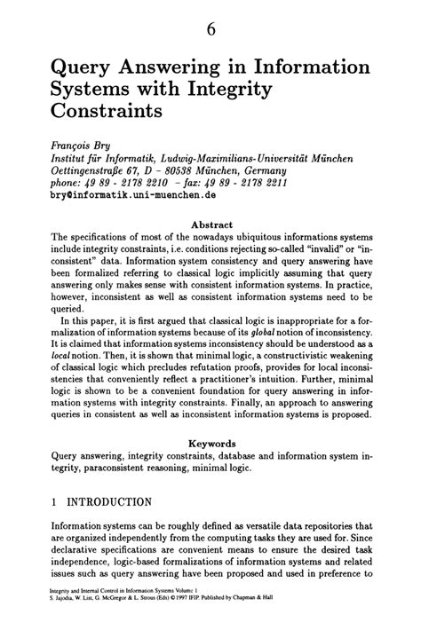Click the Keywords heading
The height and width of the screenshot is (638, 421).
click(210, 442)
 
